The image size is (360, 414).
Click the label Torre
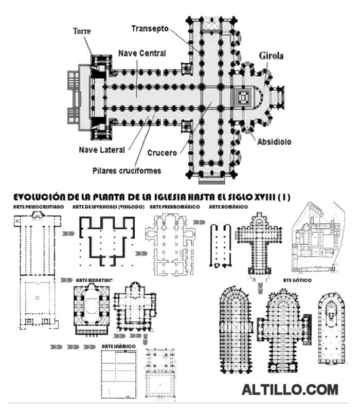[81, 31]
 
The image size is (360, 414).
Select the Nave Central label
[142, 53]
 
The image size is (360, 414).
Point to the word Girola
[272, 56]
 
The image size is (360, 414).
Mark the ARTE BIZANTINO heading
[95, 279]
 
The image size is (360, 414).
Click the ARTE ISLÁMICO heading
[119, 347]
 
